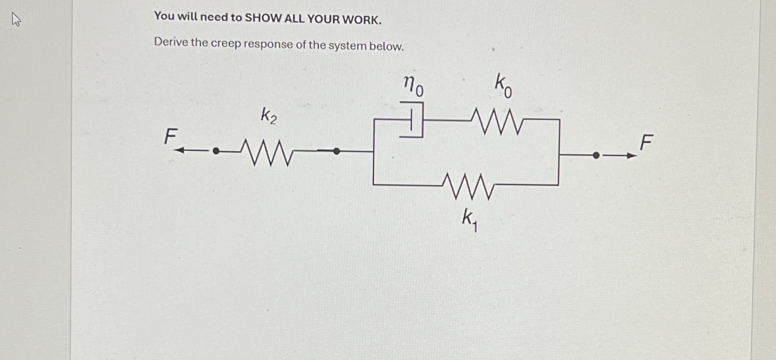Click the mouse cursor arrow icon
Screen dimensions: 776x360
16,20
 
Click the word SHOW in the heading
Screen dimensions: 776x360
262,18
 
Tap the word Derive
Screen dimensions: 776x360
170,42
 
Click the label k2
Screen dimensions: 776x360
268,116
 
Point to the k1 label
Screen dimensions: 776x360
469,220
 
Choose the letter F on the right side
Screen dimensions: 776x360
646,143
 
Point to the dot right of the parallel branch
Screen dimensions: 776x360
596,155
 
